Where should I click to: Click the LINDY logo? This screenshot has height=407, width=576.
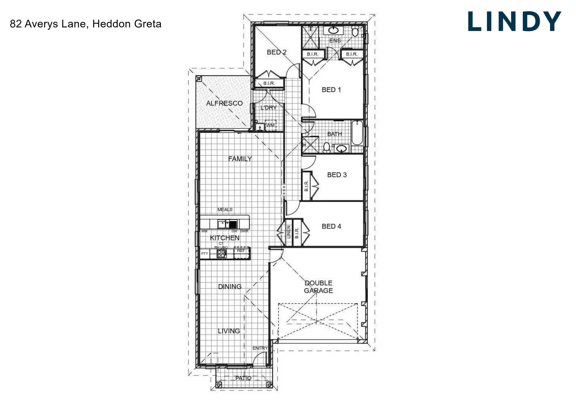[x=514, y=21]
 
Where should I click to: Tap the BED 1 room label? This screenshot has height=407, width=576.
[x=331, y=90]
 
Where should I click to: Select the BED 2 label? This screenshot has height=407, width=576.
[x=276, y=52]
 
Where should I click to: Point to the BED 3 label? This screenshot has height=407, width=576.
[x=337, y=175]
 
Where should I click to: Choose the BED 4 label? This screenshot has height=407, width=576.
[x=331, y=226]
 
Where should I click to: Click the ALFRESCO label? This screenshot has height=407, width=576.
[x=224, y=103]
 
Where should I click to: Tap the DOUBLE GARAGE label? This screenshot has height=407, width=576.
[x=319, y=287]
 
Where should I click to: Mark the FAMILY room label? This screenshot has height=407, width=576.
[x=240, y=159]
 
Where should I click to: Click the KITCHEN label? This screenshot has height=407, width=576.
[x=225, y=238]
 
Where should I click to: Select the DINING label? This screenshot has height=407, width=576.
[x=230, y=287]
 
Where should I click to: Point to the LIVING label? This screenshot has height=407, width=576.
[x=229, y=331]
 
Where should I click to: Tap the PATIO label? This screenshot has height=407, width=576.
[x=243, y=378]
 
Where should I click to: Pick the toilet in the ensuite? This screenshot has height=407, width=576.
[x=355, y=32]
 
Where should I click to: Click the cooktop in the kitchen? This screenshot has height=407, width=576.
[x=222, y=254]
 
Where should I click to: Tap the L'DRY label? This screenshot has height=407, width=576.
[x=268, y=108]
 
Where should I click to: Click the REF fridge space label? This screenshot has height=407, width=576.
[x=241, y=251]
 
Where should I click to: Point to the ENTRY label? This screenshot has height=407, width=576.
[x=260, y=348]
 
